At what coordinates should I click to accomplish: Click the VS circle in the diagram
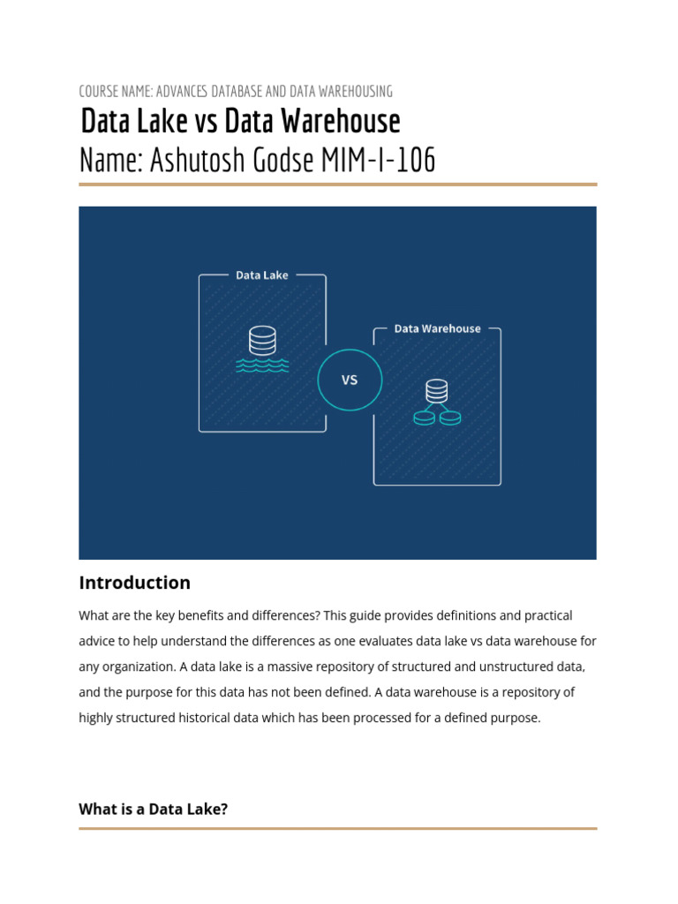click(x=350, y=380)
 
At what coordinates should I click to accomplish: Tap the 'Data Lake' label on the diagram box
click(x=262, y=275)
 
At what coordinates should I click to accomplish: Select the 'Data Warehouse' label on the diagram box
click(x=437, y=328)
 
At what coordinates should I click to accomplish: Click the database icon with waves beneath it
click(x=262, y=350)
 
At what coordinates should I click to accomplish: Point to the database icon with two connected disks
click(x=437, y=403)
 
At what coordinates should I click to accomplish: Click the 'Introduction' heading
click(x=134, y=583)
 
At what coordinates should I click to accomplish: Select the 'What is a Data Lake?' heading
click(x=154, y=809)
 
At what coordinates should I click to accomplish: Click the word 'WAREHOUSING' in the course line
click(x=353, y=91)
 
